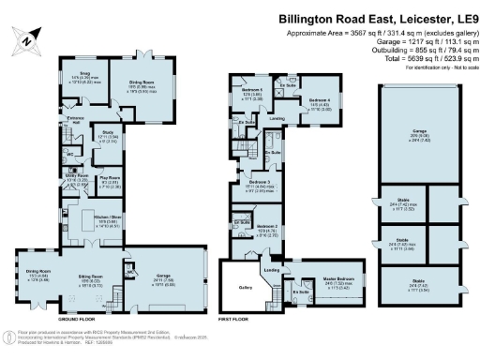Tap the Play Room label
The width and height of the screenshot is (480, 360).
click(x=111, y=177)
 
